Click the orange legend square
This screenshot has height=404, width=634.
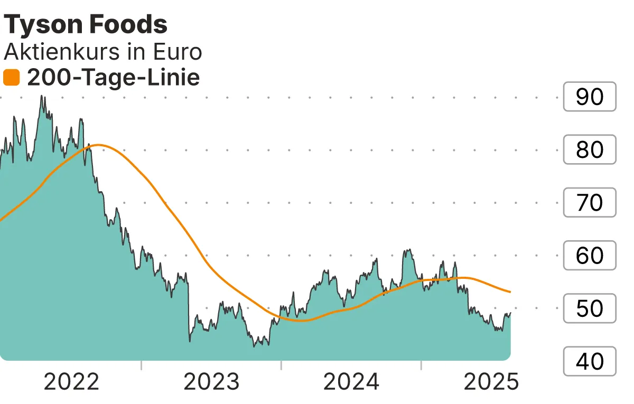click(11, 78)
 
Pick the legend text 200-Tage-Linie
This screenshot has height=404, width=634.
click(113, 78)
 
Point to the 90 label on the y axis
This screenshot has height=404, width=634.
click(590, 97)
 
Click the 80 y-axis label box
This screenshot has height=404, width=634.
click(590, 150)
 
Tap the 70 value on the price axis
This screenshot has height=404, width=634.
click(590, 203)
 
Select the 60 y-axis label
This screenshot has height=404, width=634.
click(590, 256)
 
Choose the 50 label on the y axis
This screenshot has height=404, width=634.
click(590, 308)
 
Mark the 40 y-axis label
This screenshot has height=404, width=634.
click(590, 361)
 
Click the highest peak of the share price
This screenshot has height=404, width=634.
click(42, 97)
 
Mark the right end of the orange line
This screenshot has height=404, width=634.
click(510, 292)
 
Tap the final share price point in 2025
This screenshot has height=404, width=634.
click(510, 313)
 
